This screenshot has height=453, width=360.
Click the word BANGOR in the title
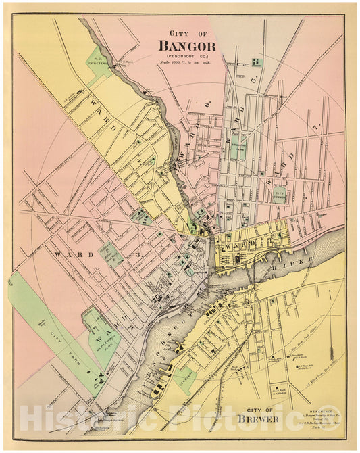tap(187, 46)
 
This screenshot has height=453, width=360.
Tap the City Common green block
tap(279, 195)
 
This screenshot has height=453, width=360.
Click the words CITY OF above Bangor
tap(187, 32)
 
